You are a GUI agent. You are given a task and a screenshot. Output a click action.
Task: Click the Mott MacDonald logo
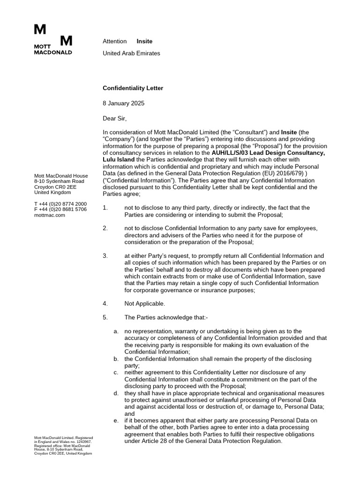53,40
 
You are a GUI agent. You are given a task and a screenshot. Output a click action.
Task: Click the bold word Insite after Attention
144,41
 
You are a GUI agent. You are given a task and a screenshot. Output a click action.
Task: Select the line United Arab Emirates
131,53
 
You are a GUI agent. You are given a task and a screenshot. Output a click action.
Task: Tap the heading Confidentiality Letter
133,88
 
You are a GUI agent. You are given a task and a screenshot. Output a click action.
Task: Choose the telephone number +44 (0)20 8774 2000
63,204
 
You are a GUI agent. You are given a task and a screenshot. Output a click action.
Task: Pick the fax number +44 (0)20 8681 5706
63,210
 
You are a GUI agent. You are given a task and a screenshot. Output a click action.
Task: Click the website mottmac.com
50,215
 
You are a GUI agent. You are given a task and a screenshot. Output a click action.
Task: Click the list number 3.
105,256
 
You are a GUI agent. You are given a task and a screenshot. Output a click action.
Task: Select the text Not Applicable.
144,304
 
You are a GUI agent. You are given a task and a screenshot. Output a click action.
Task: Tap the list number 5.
105,317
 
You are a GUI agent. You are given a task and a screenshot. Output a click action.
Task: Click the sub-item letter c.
116,372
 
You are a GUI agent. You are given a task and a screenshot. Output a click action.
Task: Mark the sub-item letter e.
116,420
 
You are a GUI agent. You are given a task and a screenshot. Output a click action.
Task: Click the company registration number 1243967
82,442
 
